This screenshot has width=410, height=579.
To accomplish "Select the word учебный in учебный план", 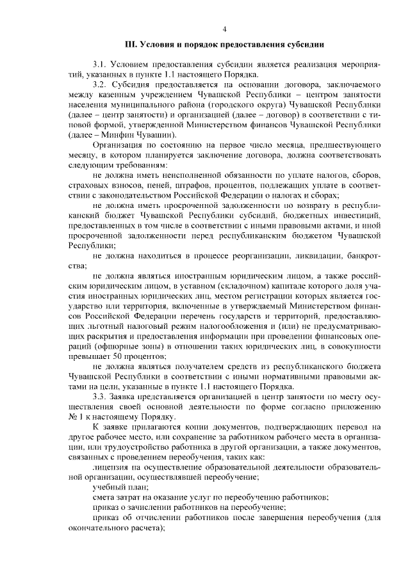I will (x=108, y=487).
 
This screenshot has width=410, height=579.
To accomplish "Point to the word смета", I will (x=104, y=497).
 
